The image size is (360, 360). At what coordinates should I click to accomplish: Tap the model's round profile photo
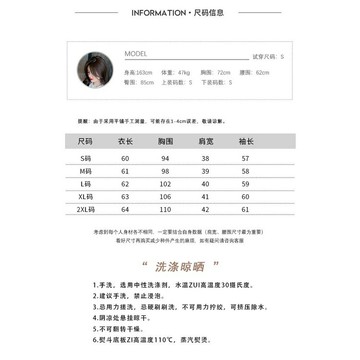(x=91, y=69)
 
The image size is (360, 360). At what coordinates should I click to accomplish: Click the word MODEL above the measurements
(x=136, y=54)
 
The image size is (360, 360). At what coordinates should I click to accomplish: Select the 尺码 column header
(x=85, y=143)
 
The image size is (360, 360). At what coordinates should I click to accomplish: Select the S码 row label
(x=85, y=158)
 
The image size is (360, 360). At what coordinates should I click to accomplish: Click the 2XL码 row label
(x=85, y=210)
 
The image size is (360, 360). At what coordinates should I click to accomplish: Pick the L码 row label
(x=85, y=184)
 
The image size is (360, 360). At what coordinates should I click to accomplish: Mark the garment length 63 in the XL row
(x=126, y=197)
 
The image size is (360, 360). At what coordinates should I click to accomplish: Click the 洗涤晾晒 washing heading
(x=180, y=268)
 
